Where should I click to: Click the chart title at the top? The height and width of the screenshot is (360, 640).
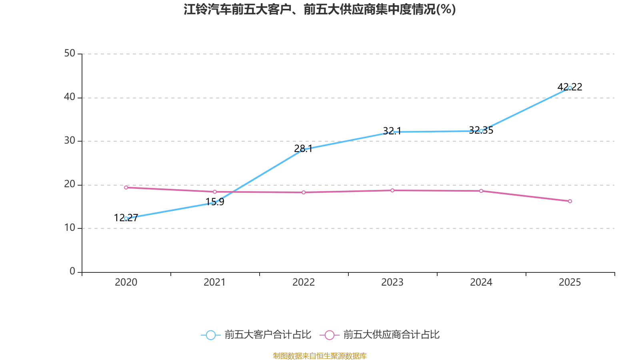320,9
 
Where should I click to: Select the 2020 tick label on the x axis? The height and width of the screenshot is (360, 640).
126,282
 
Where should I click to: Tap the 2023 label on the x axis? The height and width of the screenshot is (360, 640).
392,282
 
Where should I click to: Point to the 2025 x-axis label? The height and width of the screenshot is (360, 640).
570,282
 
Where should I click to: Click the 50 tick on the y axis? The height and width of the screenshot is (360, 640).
70,54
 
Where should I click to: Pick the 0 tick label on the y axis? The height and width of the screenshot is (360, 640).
72,271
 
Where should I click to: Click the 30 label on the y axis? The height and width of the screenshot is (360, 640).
70,140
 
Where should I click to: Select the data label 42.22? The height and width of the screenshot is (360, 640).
570,87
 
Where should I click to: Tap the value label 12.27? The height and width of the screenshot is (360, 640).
126,218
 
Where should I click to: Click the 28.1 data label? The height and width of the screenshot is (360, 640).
303,148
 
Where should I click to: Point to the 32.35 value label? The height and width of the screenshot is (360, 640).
481,130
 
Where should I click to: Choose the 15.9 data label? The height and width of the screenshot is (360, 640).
215,202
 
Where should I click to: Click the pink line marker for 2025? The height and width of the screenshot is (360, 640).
570,201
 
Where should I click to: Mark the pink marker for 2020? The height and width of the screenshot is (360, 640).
126,188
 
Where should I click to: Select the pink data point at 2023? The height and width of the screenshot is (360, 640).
392,190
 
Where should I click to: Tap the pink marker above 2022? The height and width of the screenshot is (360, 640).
304,192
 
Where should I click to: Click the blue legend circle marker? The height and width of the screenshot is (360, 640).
211,335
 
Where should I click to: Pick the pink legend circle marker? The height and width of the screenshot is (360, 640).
330,335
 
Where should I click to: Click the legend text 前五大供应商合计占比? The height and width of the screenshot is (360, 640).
392,334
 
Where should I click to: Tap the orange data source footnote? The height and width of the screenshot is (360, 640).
320,356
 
